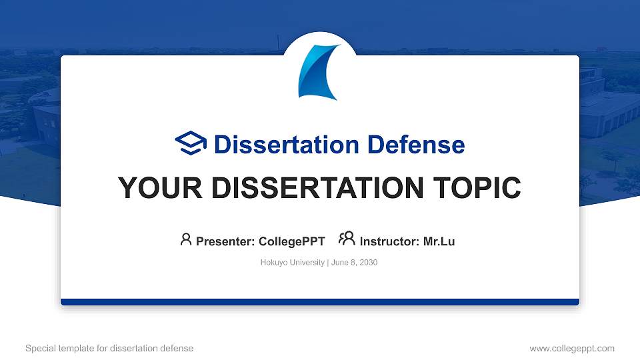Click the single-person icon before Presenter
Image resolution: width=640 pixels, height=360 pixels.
click(186, 239)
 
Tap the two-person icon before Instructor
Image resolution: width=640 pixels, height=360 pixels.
click(347, 239)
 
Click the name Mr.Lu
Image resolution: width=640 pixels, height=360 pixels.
click(439, 241)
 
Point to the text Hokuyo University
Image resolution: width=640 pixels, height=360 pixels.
click(292, 263)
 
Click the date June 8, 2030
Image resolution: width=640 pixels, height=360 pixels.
click(353, 263)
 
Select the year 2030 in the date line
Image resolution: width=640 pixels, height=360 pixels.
click(369, 263)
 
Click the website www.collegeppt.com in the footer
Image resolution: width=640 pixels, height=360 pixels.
click(572, 348)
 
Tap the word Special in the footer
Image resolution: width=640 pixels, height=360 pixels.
click(39, 348)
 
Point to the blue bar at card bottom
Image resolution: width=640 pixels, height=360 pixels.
click(320, 302)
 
